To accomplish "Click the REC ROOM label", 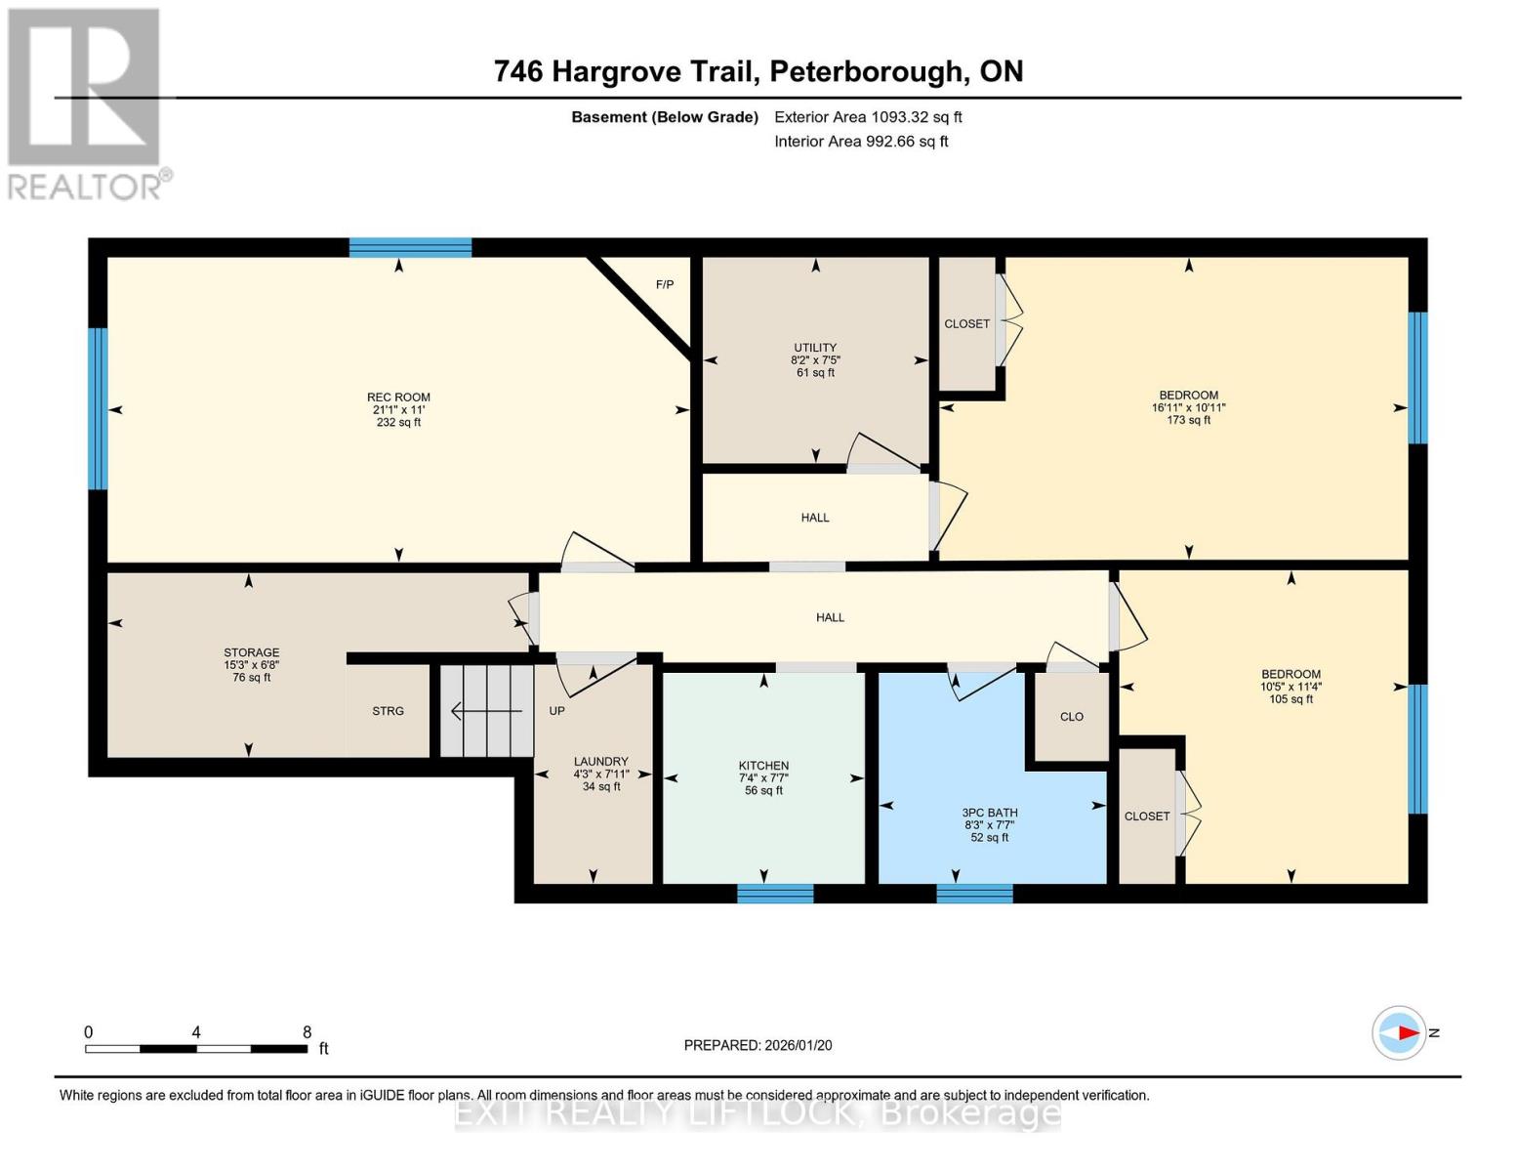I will tap(398, 398).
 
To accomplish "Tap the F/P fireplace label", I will tap(664, 285).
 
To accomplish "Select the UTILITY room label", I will tap(815, 348).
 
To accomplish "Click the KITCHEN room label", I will tap(763, 766).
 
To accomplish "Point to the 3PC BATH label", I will tap(990, 813).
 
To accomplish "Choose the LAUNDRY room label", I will tap(601, 762).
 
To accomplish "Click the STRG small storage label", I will tap(388, 711).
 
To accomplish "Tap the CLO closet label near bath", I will tap(1072, 717).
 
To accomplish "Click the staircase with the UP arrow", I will tap(486, 711).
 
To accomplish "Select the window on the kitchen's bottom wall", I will tap(775, 893).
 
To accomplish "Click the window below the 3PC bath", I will tap(974, 893).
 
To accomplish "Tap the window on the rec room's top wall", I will tap(410, 247).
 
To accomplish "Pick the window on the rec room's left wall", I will tap(98, 408).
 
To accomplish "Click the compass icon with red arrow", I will tap(1399, 1032).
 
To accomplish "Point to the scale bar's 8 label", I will tap(307, 1032).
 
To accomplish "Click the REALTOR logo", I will tap(86, 104).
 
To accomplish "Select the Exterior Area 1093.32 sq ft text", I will tap(868, 117).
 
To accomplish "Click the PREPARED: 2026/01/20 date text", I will tap(758, 1045).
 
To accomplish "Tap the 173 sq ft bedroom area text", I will tap(1188, 420).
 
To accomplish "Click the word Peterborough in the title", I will tap(864, 71).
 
